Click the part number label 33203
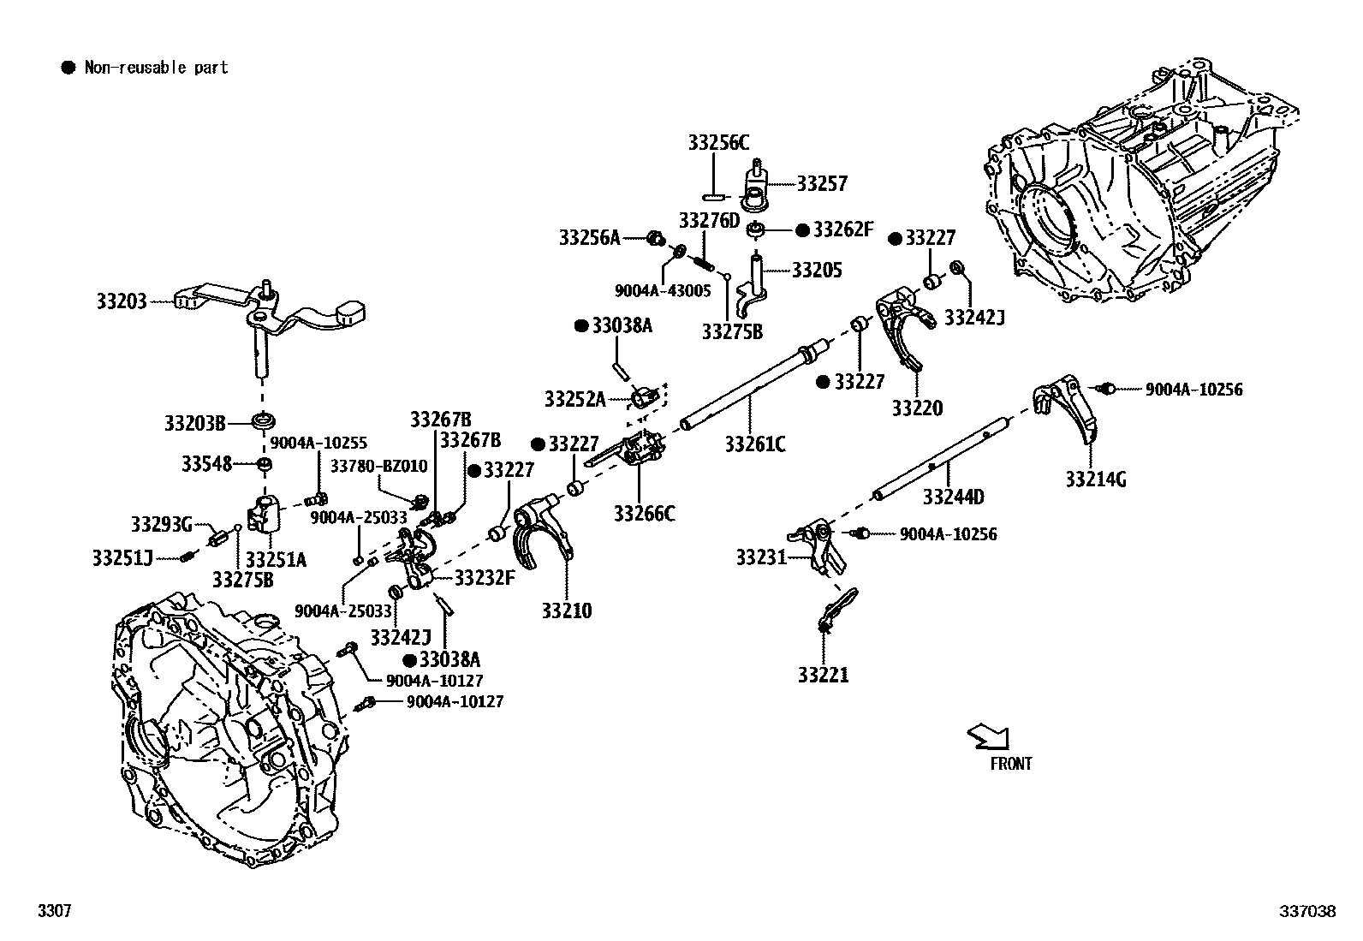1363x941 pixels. (x=121, y=301)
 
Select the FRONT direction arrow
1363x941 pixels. (x=989, y=736)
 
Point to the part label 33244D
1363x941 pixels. (x=953, y=497)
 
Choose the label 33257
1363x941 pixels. (x=821, y=183)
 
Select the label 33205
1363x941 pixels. (x=817, y=271)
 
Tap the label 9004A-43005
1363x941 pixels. (x=663, y=290)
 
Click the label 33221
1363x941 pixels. (x=823, y=675)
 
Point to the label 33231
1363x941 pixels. (x=761, y=558)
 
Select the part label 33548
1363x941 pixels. (x=206, y=463)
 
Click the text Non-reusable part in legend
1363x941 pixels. (x=156, y=68)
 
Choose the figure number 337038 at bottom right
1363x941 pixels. (x=1307, y=911)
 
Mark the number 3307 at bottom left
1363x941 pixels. (x=53, y=911)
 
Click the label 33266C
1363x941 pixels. (x=644, y=514)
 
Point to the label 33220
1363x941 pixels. (x=917, y=408)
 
